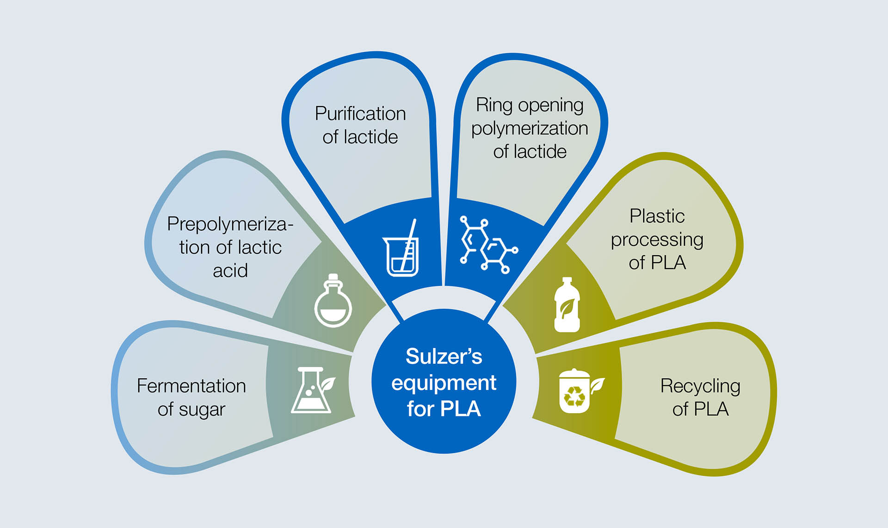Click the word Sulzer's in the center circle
click(444, 357)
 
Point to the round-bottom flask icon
click(333, 302)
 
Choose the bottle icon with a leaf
click(567, 305)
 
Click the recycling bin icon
click(574, 392)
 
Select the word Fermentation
click(191, 386)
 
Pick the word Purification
click(360, 113)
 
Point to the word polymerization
click(530, 129)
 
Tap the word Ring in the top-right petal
click(494, 105)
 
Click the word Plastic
click(657, 216)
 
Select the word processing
click(657, 240)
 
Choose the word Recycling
click(700, 386)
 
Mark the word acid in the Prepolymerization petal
click(230, 270)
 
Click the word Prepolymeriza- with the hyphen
click(230, 224)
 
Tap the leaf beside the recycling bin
click(597, 384)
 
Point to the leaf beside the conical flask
click(328, 383)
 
